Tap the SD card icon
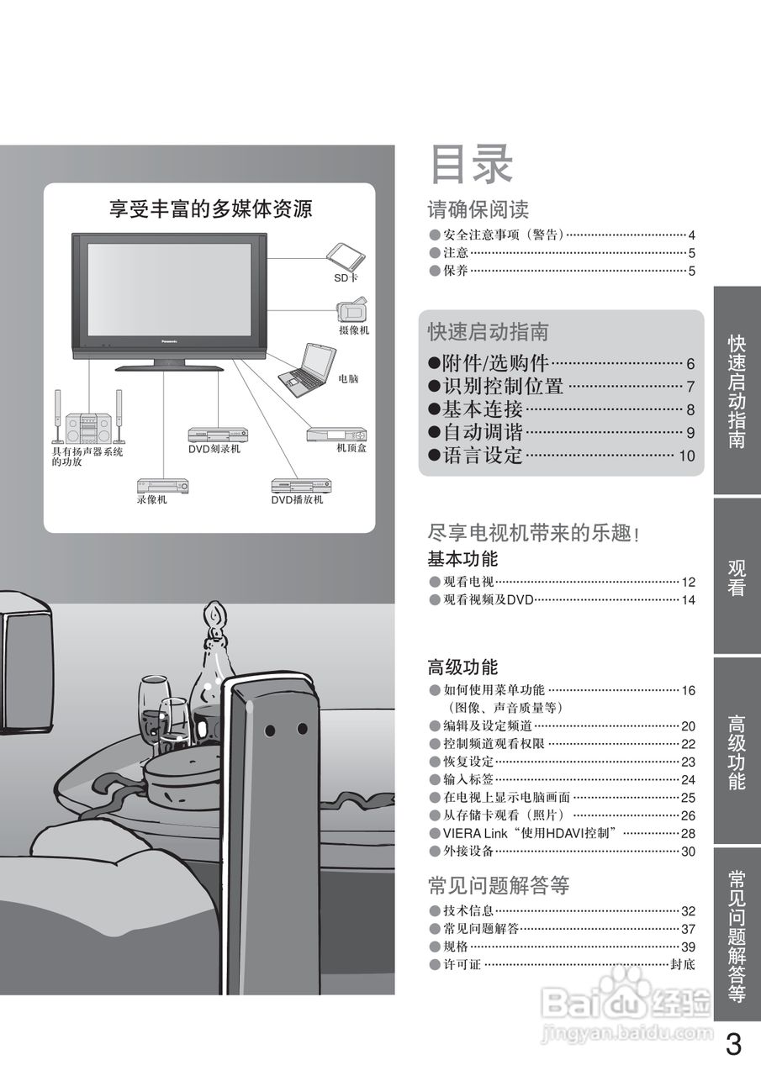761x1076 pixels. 346,257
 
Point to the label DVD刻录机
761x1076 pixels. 214,449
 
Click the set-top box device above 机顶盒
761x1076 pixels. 337,435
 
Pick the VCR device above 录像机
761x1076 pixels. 163,486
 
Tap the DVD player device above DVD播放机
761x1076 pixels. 301,486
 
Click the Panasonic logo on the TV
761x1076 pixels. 169,341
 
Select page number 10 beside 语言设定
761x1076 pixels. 687,456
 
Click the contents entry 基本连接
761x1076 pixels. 483,409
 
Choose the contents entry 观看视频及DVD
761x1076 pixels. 488,600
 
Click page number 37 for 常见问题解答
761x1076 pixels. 688,929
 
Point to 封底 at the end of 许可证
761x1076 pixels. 683,964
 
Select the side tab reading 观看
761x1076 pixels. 737,577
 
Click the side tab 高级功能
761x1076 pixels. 737,752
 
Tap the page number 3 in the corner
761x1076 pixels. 733,1044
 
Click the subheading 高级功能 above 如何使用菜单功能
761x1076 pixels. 462,667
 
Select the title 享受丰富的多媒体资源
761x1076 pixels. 210,209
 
